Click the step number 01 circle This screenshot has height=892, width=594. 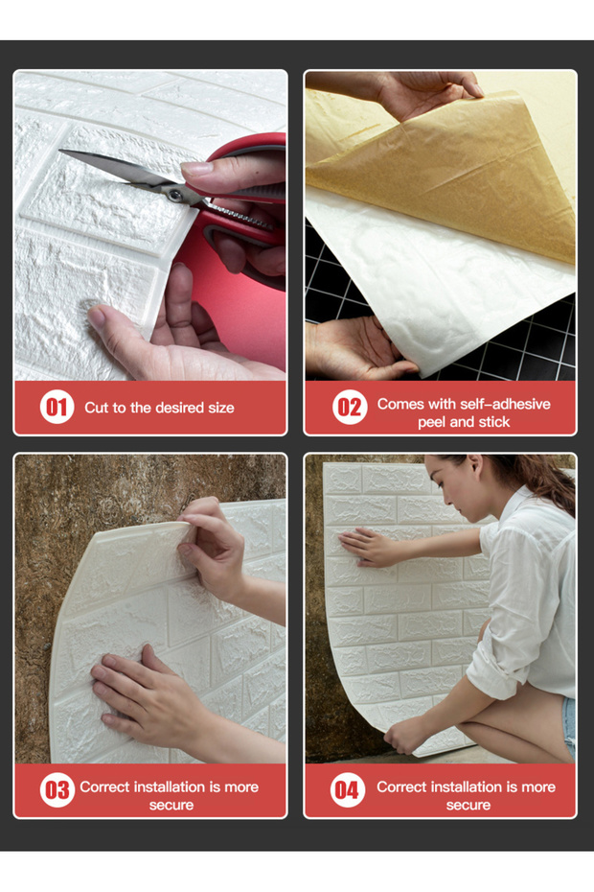click(x=57, y=407)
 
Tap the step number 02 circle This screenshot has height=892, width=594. click(x=350, y=407)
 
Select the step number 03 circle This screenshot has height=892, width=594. click(x=57, y=789)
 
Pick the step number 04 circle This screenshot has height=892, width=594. click(x=348, y=789)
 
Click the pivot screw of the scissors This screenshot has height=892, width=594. click(x=175, y=195)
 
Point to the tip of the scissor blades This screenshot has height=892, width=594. click(x=60, y=152)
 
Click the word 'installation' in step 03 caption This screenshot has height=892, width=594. click(x=170, y=786)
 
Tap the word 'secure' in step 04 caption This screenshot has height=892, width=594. click(x=468, y=805)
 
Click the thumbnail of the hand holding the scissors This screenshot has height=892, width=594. click(x=196, y=169)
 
